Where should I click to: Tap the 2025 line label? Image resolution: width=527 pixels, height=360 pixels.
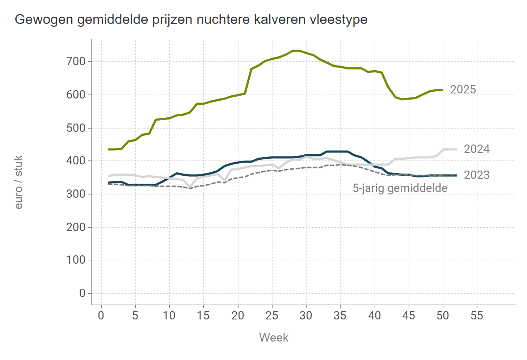[x=463, y=90]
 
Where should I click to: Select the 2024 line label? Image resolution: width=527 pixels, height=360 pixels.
[x=477, y=149]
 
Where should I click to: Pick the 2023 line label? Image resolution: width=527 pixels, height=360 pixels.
[x=477, y=175]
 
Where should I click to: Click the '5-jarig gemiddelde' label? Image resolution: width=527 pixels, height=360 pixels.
[x=400, y=188]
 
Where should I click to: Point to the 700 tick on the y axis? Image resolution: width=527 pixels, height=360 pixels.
[x=76, y=62]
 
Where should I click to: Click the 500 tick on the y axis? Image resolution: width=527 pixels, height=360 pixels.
[x=76, y=128]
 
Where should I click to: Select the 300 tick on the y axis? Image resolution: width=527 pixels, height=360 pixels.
[x=76, y=194]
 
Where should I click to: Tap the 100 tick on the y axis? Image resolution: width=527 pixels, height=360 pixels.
[x=76, y=260]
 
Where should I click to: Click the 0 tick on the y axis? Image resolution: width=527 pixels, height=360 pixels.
[x=82, y=293]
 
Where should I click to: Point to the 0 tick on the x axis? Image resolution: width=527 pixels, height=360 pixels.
[x=101, y=316]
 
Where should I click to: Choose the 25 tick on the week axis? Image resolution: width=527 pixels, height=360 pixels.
[x=272, y=316]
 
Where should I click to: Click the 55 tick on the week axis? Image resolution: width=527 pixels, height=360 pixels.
[x=477, y=316]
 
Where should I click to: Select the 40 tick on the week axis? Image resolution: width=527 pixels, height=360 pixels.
[x=374, y=316]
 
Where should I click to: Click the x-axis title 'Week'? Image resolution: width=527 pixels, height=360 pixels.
[x=274, y=338]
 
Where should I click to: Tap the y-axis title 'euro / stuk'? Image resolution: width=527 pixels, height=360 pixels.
[x=19, y=182]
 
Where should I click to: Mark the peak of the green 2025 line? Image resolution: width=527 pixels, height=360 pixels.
[x=296, y=51]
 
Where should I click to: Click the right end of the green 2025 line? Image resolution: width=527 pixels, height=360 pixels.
[x=442, y=90]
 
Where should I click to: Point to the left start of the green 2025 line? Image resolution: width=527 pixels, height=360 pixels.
[x=109, y=149]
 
